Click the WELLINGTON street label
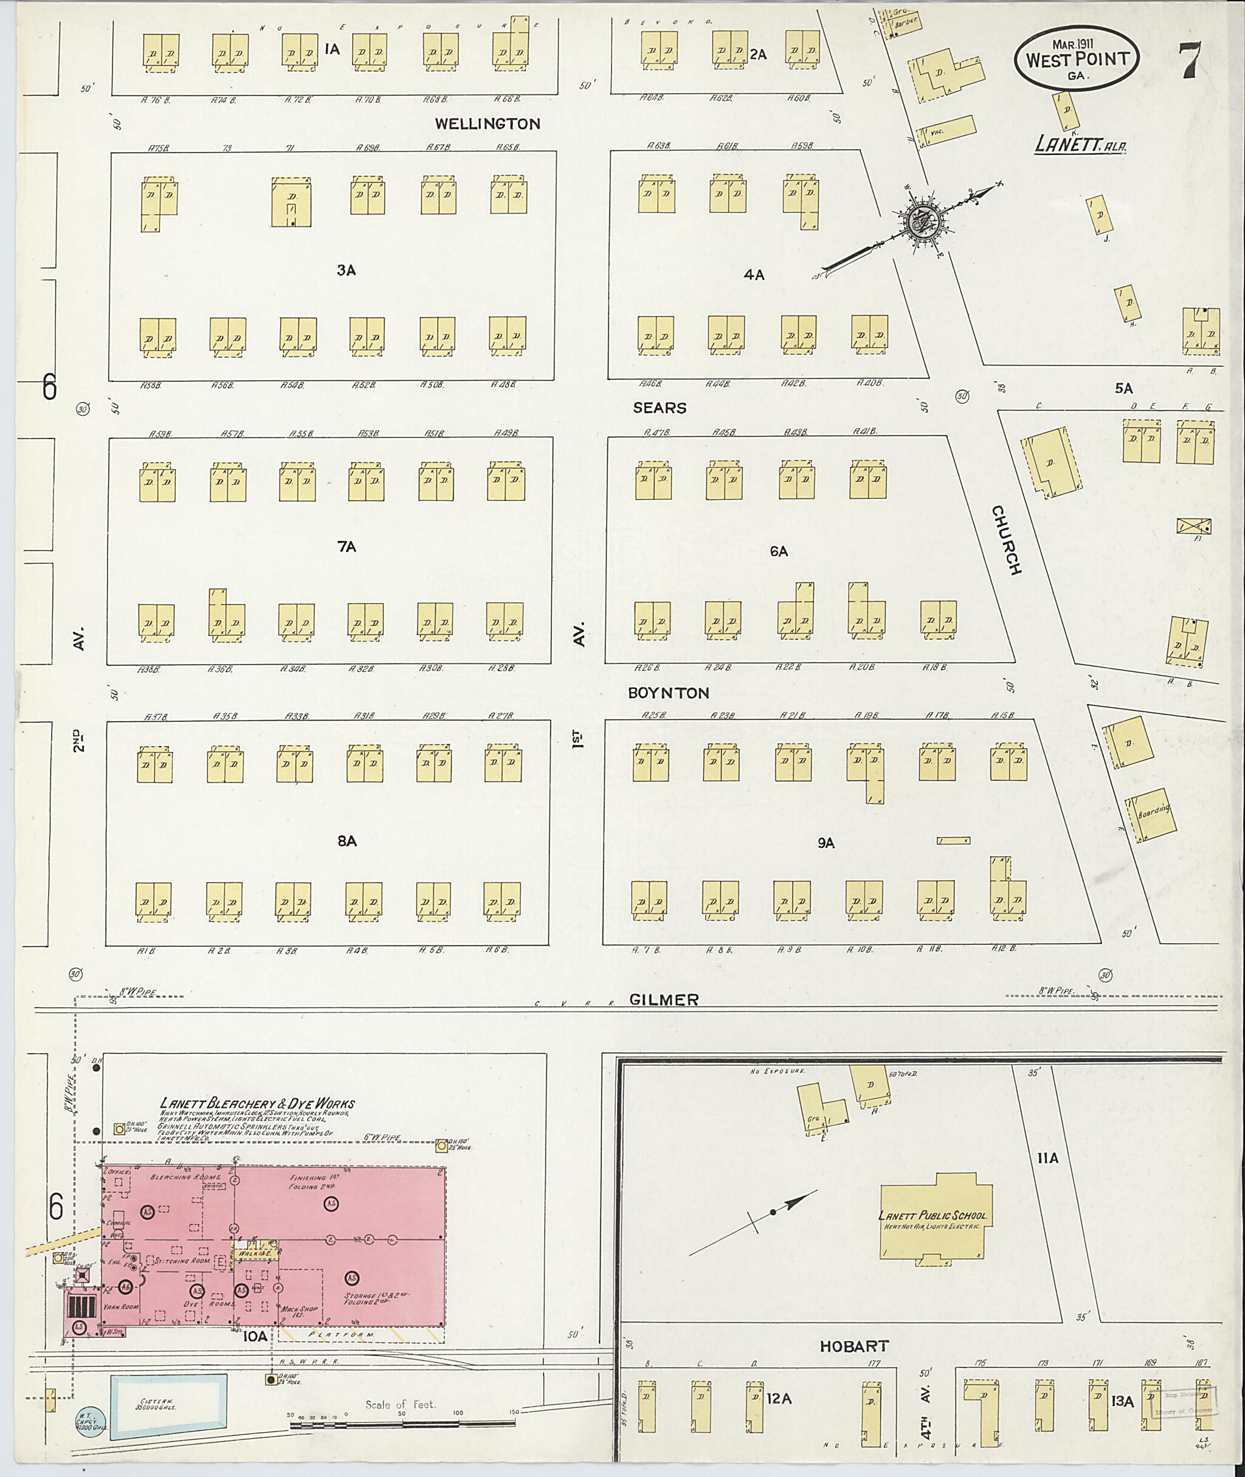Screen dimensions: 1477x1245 tap(487, 124)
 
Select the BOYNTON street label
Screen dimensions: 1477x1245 tap(668, 693)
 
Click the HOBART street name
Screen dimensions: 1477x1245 tap(854, 1346)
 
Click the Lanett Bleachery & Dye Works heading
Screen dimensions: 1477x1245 tap(257, 1104)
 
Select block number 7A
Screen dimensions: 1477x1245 tap(347, 547)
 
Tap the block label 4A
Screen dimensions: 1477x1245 tap(754, 275)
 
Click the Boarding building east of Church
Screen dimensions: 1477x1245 tap(1150, 814)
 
